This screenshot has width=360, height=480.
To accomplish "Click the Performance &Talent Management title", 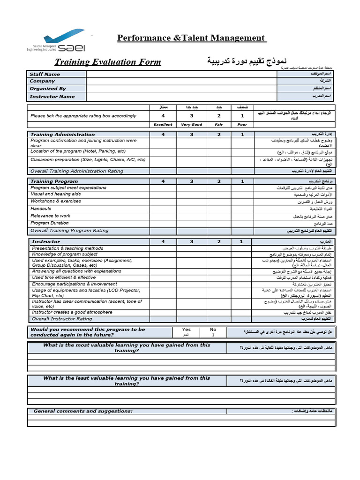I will [191, 38].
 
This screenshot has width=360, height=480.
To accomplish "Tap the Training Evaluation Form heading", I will [108, 62].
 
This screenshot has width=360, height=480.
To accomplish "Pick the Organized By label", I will [48, 89].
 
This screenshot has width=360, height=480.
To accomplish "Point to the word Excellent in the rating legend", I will [163, 125].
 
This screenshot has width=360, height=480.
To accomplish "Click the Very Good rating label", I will [191, 125].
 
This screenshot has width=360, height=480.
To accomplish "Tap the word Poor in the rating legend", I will [242, 125].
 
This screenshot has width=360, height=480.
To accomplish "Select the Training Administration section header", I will [62, 135].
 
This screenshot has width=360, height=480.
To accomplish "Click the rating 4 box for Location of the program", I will [163, 152].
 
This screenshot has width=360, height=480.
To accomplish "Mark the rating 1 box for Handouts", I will [242, 209].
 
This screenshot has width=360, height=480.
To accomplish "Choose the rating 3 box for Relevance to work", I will [191, 216].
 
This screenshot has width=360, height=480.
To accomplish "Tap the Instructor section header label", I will [45, 241].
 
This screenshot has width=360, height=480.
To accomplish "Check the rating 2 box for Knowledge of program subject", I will [218, 255].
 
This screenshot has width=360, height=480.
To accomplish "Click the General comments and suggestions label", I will [83, 411].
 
